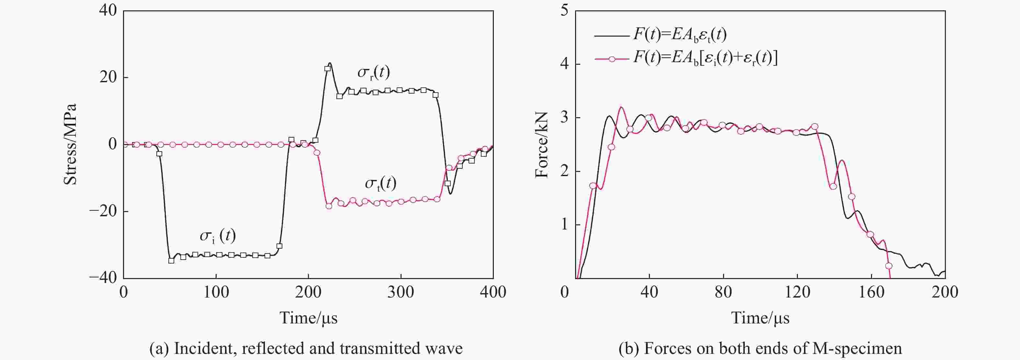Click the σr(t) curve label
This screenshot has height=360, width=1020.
[x=373, y=73]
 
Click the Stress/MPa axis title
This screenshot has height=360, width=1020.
[x=70, y=145]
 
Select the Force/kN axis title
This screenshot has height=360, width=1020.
[x=541, y=145]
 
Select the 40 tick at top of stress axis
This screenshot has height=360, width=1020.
[x=108, y=10]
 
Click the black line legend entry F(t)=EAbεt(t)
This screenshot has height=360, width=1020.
[x=679, y=35]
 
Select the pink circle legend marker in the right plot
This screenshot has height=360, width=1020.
[x=612, y=59]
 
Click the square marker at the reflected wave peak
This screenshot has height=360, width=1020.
[x=327, y=69]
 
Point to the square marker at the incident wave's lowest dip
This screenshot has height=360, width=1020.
[x=171, y=261]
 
